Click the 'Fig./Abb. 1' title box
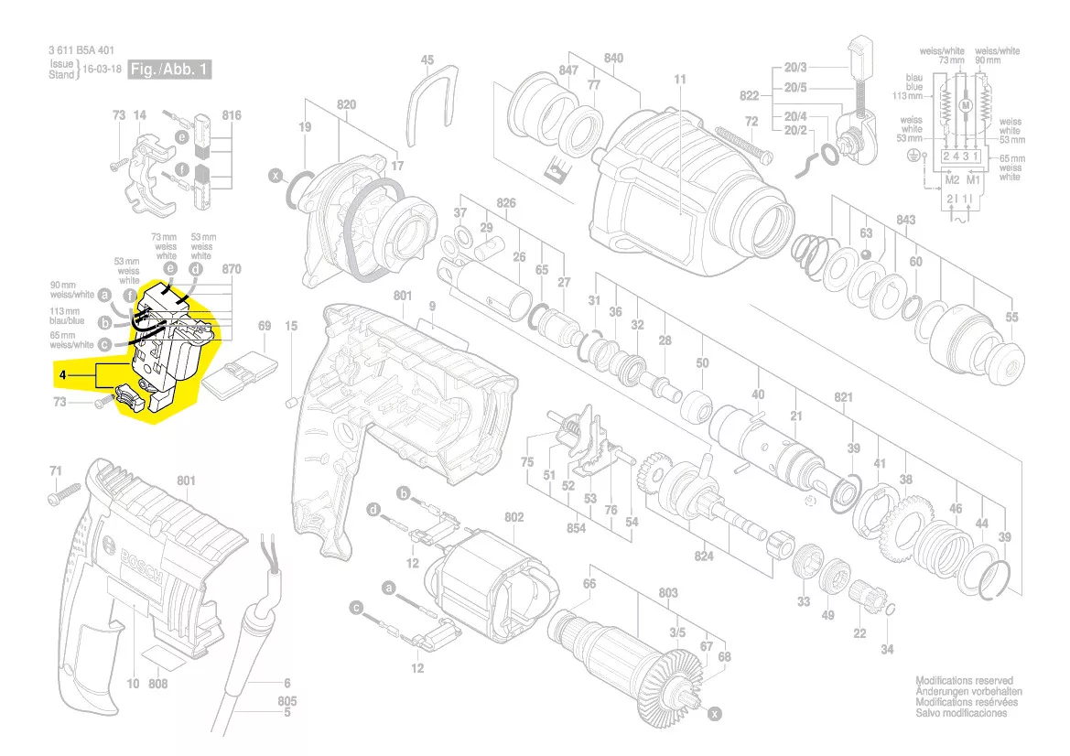(169, 70)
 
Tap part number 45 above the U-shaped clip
(427, 59)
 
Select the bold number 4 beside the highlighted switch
(61, 375)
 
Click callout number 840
(613, 58)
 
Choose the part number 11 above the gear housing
(680, 80)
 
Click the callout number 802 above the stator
(513, 517)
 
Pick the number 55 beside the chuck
(1011, 317)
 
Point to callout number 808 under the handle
(158, 683)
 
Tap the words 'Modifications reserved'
(964, 681)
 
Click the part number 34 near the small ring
(886, 650)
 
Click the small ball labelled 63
(866, 251)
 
